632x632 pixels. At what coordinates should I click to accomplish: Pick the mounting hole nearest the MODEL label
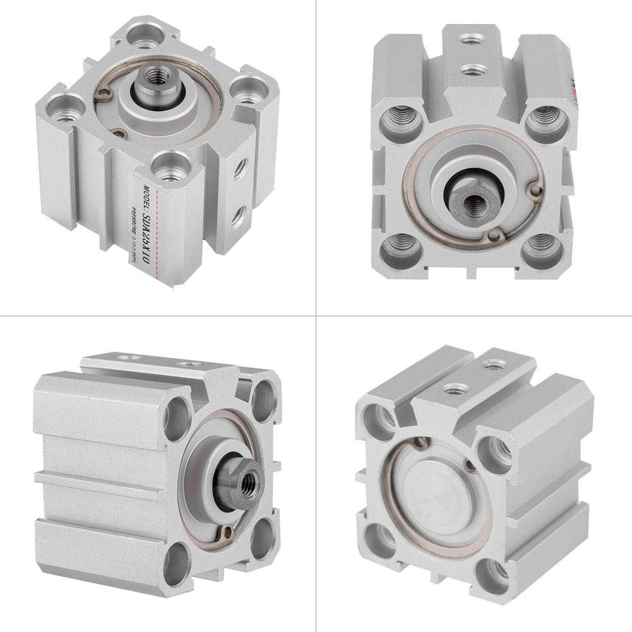coord(167,170)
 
